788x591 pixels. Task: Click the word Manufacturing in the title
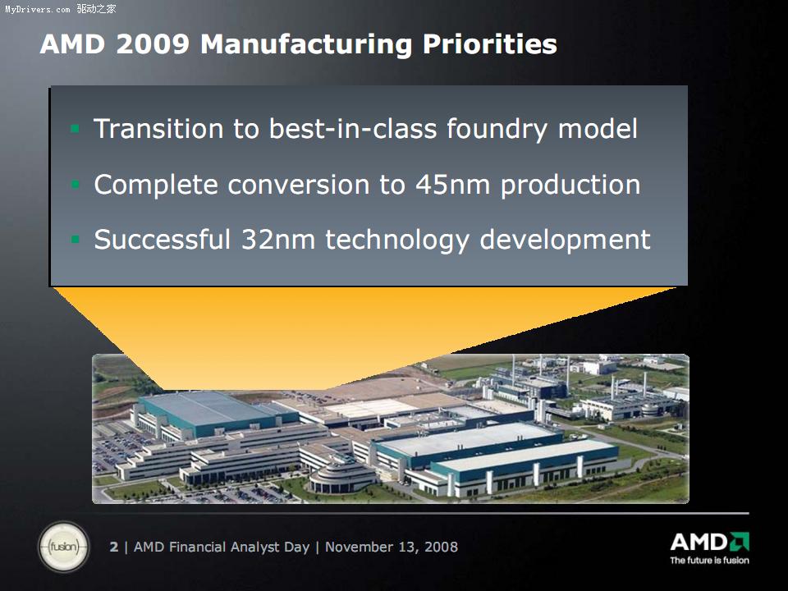point(306,44)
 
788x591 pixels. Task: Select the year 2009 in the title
point(153,44)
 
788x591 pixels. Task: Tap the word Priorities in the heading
point(490,44)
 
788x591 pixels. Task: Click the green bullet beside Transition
point(75,129)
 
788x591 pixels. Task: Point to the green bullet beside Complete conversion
point(75,185)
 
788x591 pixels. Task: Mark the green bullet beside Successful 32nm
point(75,239)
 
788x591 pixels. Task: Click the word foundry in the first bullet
point(497,129)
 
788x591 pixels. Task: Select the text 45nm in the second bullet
point(452,185)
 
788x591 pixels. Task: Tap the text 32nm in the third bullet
point(278,239)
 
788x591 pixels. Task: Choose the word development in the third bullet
point(565,240)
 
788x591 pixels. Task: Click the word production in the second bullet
point(570,185)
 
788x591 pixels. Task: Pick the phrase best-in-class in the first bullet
point(353,129)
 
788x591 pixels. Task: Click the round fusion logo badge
point(64,547)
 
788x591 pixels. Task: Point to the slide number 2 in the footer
point(114,547)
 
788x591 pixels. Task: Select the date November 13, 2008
point(392,547)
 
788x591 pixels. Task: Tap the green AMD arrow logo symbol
point(740,542)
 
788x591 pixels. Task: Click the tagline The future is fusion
point(709,561)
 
